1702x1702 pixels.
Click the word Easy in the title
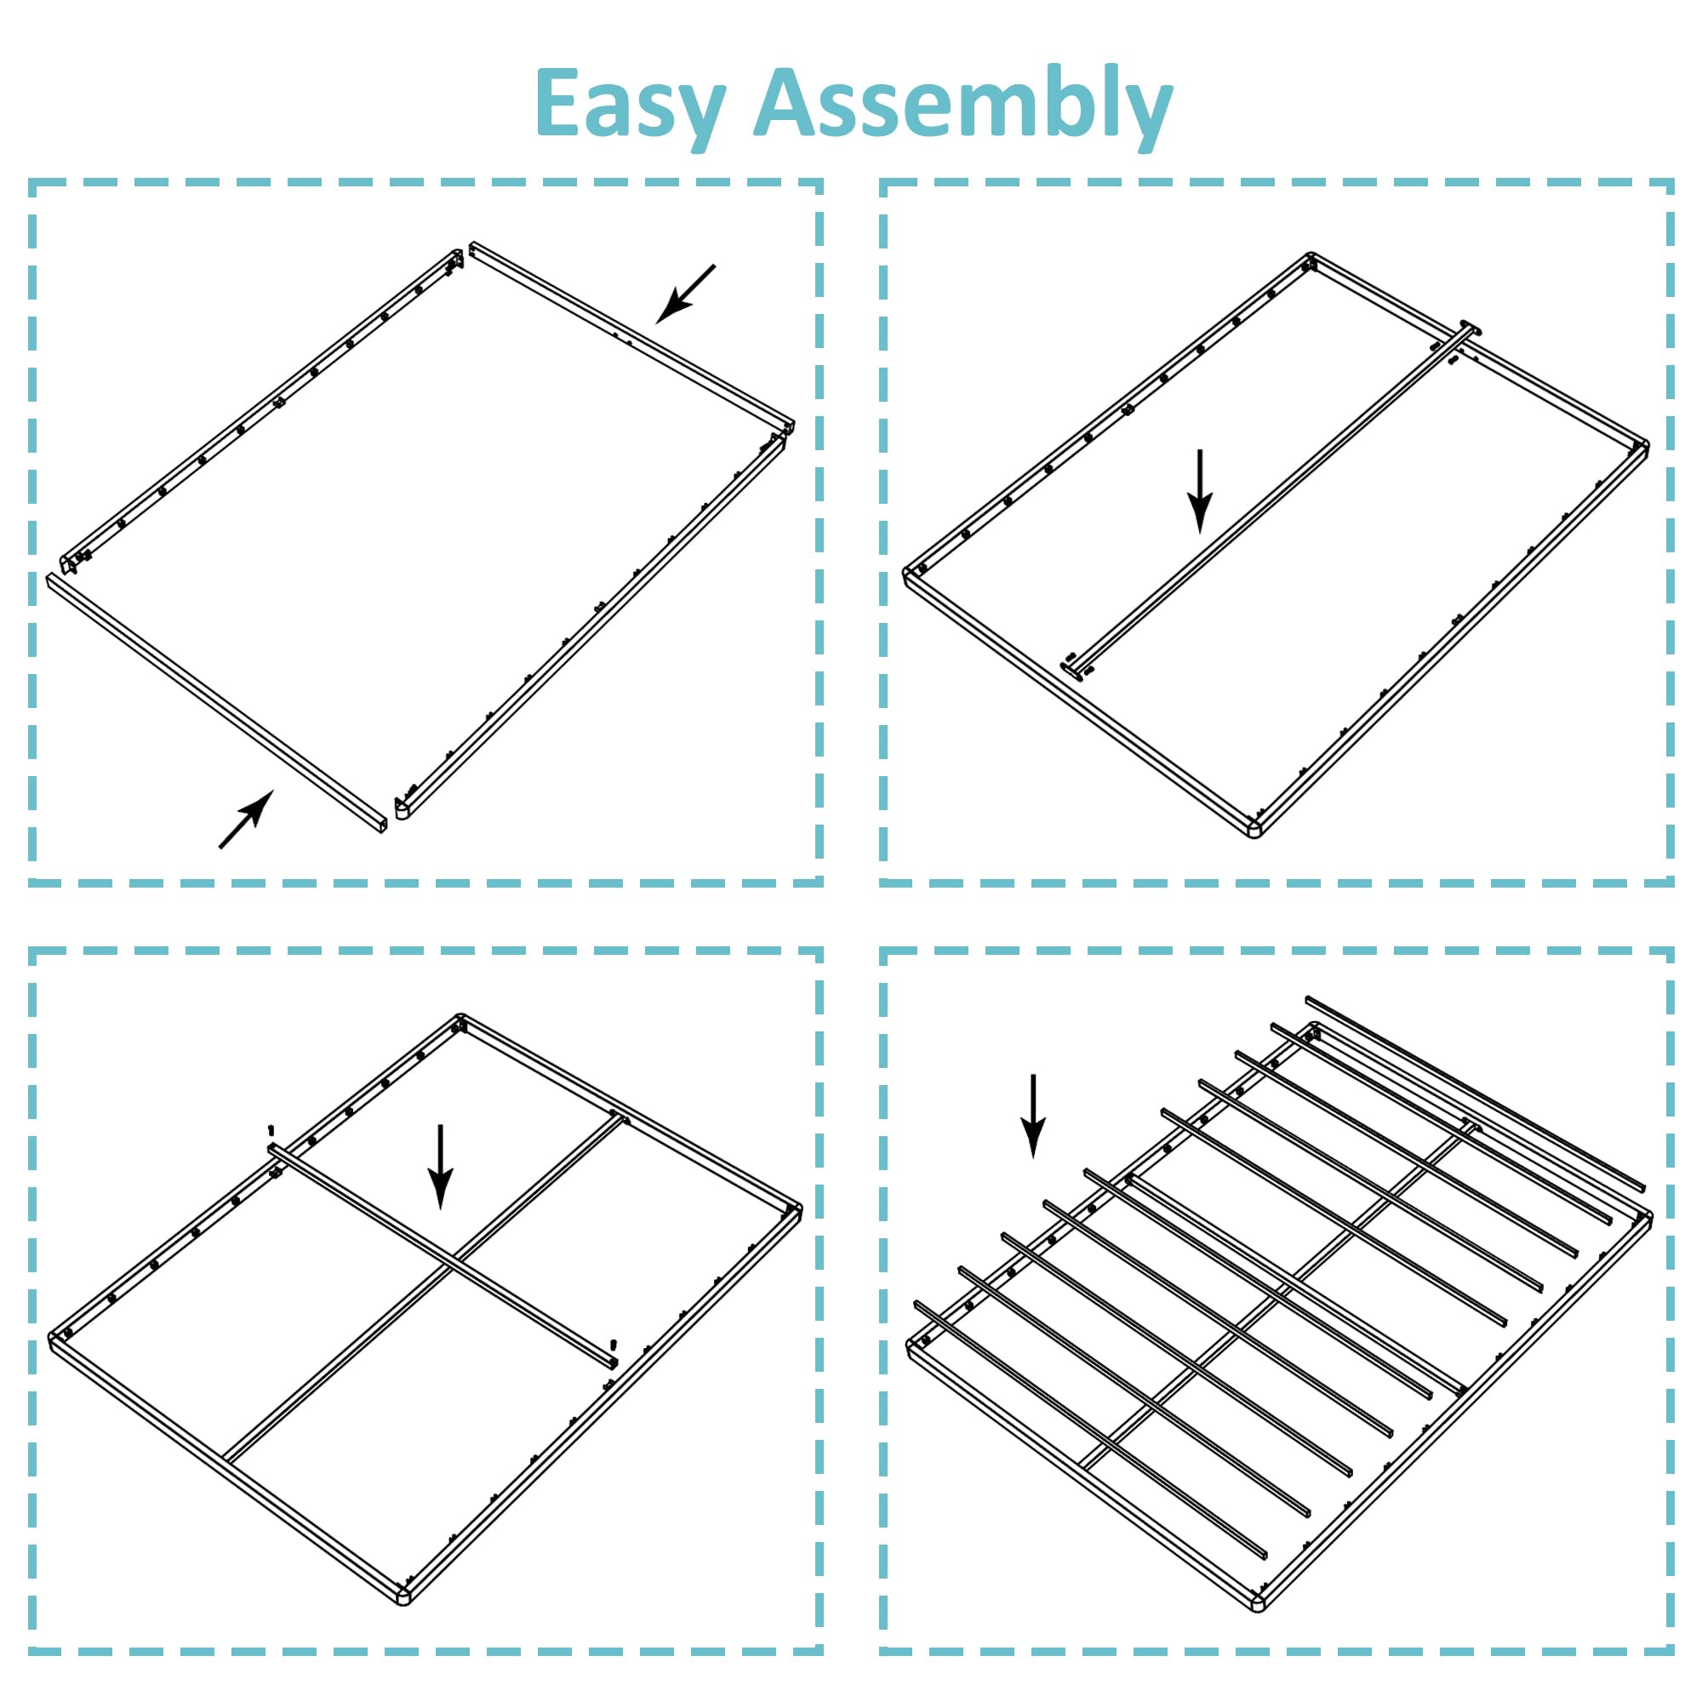pos(631,104)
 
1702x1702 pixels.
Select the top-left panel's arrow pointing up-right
pos(247,819)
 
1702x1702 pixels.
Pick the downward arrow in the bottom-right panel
pos(1032,1115)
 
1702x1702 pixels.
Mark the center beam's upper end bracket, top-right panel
pos(1470,328)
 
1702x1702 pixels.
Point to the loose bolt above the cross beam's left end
pos(271,1130)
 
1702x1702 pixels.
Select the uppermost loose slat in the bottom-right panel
pos(1475,1094)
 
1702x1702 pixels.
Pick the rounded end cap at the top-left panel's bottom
pos(402,808)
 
